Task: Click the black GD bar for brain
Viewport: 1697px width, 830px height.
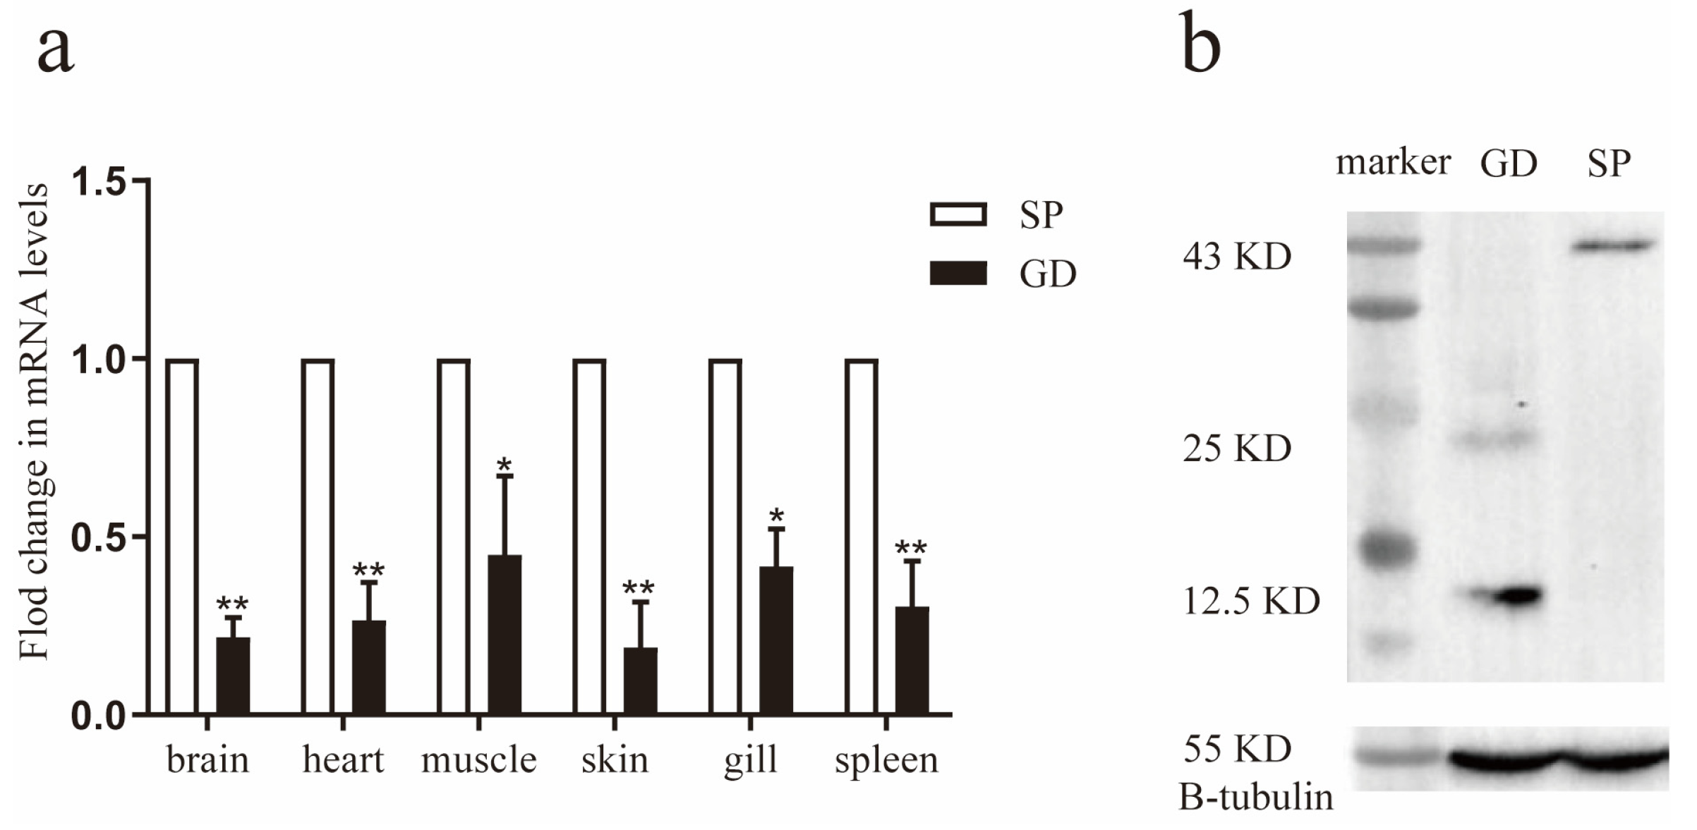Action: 233,675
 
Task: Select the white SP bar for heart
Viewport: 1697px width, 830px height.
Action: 318,536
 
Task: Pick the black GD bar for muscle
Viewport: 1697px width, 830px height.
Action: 505,634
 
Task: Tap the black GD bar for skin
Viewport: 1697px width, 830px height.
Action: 640,680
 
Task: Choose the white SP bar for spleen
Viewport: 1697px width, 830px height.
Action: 862,536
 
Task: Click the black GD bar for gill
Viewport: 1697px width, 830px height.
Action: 776,640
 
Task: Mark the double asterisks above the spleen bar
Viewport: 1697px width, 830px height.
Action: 911,548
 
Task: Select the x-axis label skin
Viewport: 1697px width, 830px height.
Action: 615,760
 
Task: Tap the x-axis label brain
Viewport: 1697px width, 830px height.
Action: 207,760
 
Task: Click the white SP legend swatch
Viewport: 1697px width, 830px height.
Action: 958,214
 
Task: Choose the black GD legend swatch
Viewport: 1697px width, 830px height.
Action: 958,273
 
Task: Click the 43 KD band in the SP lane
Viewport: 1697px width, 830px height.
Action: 1613,246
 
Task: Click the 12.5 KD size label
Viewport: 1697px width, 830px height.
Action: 1251,602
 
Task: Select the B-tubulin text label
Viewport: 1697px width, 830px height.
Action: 1256,798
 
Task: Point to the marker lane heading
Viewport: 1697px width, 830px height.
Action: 1393,162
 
